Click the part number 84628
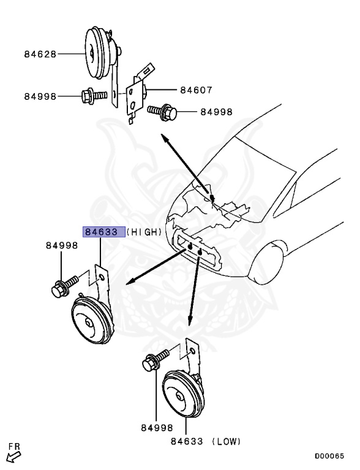click(x=40, y=54)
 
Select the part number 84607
click(x=196, y=90)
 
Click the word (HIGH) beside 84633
click(x=145, y=232)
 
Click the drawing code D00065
click(x=329, y=456)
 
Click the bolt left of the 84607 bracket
click(x=92, y=96)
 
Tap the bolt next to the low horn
click(x=154, y=360)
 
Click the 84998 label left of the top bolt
click(x=40, y=96)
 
